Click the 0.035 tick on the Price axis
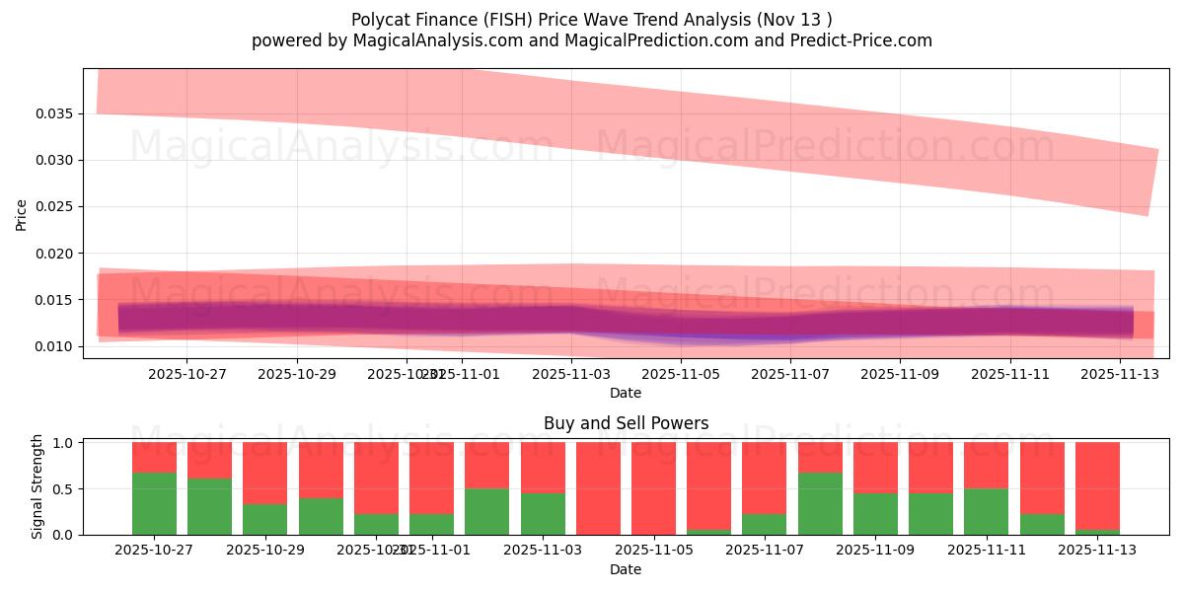pyautogui.click(x=56, y=113)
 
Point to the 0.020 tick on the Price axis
pyautogui.click(x=56, y=254)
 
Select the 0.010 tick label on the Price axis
pyautogui.click(x=56, y=346)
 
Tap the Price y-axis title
pyautogui.click(x=21, y=213)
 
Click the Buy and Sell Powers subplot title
pyautogui.click(x=626, y=423)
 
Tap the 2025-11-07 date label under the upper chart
pyautogui.click(x=790, y=375)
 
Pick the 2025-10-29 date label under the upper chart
pyautogui.click(x=297, y=375)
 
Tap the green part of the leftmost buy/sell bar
pyautogui.click(x=154, y=503)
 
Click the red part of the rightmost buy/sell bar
pyautogui.click(x=1097, y=483)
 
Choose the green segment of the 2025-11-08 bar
pyautogui.click(x=820, y=503)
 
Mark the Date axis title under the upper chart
pyautogui.click(x=626, y=393)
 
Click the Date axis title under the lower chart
pyautogui.click(x=626, y=569)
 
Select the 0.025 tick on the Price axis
pyautogui.click(x=56, y=207)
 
